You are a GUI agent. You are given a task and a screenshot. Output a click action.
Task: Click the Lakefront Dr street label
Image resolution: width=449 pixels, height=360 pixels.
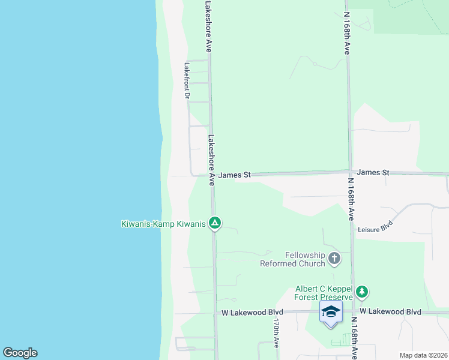click(x=187, y=81)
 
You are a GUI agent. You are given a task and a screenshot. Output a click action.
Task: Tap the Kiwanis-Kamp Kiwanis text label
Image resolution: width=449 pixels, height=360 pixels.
click(x=163, y=224)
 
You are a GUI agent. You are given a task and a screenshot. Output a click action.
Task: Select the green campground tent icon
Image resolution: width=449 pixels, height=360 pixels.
click(x=215, y=224)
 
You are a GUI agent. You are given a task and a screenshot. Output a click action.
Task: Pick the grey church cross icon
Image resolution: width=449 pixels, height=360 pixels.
click(x=334, y=259)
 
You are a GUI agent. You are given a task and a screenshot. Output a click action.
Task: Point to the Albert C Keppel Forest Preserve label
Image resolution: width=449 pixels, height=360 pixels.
click(x=324, y=292)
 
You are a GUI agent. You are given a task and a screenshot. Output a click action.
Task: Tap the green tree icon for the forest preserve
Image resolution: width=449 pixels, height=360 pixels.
click(x=361, y=292)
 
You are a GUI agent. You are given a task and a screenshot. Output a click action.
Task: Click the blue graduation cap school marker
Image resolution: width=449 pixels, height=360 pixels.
click(x=331, y=311)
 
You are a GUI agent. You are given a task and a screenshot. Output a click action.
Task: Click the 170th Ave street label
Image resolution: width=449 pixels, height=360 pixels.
click(x=276, y=334)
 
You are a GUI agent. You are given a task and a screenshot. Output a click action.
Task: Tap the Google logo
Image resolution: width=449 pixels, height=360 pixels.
click(x=20, y=353)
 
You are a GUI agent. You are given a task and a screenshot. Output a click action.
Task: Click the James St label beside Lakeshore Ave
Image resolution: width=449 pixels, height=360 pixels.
click(x=234, y=175)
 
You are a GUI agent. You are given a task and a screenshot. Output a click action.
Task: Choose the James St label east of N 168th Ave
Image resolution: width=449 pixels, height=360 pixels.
click(x=373, y=172)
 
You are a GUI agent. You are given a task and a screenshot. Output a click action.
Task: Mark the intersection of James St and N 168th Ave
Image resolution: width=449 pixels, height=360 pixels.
click(x=349, y=173)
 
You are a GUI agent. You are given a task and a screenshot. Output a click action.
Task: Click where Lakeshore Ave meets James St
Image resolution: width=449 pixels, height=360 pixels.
click(x=212, y=176)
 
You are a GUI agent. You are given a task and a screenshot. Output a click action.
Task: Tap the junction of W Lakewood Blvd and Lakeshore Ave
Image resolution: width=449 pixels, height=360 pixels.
click(x=215, y=313)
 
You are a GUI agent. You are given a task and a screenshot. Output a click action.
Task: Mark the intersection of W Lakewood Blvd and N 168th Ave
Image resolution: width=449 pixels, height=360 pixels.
click(x=353, y=312)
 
